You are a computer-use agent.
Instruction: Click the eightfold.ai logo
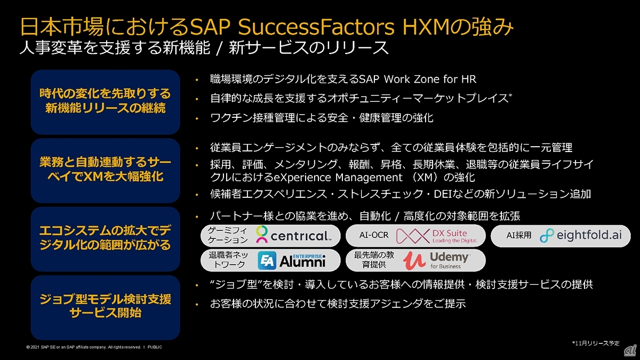pos(581,235)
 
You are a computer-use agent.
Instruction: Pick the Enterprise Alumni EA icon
pos(267,260)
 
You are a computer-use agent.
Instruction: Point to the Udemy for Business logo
pos(436,260)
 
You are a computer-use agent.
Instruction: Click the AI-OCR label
pos(374,235)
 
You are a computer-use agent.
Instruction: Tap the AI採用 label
pos(519,235)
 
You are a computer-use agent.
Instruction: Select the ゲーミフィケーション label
pos(228,235)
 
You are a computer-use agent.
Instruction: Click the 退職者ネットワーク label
pos(228,260)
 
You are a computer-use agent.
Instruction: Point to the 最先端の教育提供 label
pos(374,260)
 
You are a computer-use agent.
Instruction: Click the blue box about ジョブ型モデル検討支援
pos(106,307)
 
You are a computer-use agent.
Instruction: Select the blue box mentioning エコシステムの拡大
pos(106,239)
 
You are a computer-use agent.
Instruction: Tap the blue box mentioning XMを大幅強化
pos(106,171)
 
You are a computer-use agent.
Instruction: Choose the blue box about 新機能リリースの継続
pos(106,102)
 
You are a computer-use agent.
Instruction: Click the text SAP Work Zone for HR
pos(418,79)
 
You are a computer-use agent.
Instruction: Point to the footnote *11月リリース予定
pos(596,343)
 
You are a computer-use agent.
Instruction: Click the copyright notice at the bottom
pos(94,347)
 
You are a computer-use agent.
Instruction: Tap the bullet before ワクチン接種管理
pos(197,118)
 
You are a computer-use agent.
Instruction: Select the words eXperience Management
pos(338,178)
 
